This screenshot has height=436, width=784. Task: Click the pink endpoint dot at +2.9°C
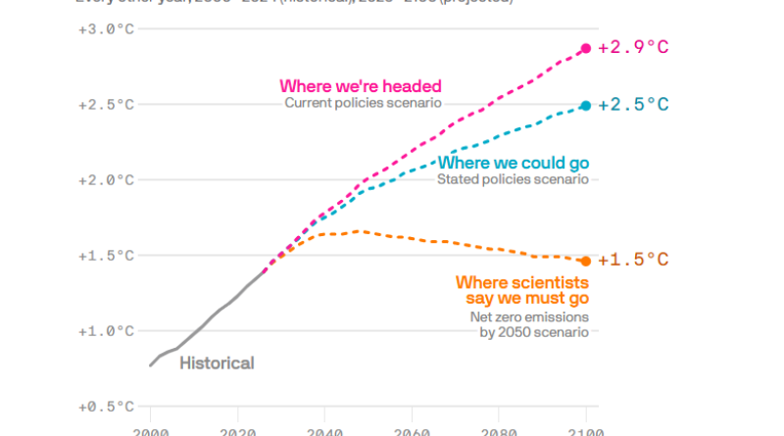[586, 48]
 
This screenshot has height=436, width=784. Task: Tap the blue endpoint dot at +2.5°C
[586, 105]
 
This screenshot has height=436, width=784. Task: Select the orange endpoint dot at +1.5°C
[586, 261]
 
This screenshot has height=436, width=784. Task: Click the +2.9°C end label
[634, 48]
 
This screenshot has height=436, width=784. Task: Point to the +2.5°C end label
[634, 105]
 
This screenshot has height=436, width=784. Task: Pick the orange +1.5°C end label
[634, 261]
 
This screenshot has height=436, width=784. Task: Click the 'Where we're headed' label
[361, 86]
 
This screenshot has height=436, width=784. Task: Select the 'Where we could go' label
[514, 163]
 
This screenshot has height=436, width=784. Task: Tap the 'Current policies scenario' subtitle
[364, 103]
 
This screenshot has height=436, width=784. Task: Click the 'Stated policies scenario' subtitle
[513, 179]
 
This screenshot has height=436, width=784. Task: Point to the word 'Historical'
[217, 363]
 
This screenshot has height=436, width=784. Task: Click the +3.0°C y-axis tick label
[106, 28]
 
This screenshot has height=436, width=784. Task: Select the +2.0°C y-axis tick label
[106, 180]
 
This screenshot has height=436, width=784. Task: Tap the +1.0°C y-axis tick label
[106, 331]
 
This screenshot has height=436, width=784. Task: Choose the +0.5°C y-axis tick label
[106, 407]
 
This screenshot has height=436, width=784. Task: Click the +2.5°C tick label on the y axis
[106, 105]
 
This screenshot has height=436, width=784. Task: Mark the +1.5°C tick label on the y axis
[106, 256]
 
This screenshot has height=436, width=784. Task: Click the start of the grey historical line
[151, 365]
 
